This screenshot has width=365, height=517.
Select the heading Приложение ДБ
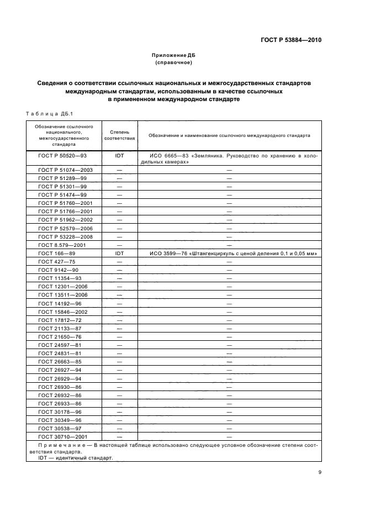coord(173,56)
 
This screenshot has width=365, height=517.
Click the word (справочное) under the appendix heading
coord(173,63)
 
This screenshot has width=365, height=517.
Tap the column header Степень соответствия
coord(119,135)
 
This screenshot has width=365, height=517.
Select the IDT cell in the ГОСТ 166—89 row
coord(119,254)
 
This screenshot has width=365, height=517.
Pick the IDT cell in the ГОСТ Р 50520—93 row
coord(119,156)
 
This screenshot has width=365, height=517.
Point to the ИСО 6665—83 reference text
coord(167,156)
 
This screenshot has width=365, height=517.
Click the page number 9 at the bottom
coord(319,472)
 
